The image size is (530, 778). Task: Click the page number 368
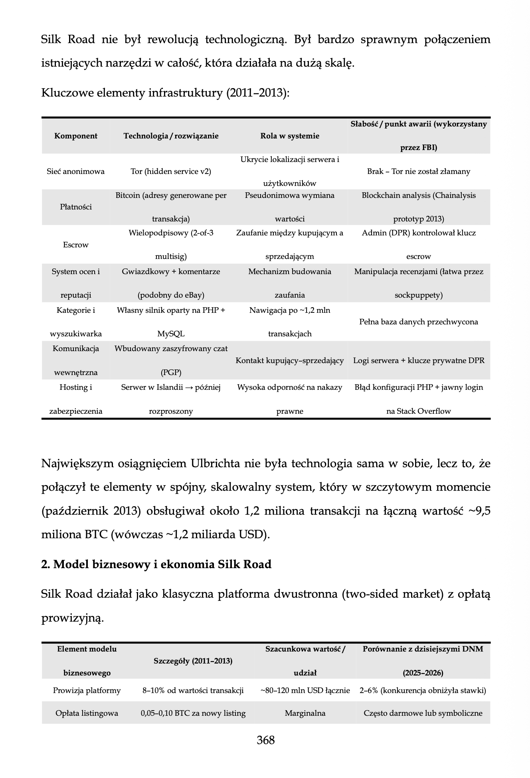[x=265, y=740]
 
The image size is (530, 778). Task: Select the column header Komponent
[x=76, y=136]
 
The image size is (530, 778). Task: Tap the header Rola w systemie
[x=290, y=136]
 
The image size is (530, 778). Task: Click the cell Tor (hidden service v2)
[x=171, y=172]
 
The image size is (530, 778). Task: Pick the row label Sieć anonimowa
[x=76, y=172]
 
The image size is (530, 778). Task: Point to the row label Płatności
[x=76, y=207]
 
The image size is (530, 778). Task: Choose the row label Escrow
[x=76, y=245]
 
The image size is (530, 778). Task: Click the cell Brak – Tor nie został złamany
[x=419, y=172]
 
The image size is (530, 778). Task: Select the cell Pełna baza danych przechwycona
[x=419, y=322]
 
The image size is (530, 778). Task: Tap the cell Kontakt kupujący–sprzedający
[x=290, y=361]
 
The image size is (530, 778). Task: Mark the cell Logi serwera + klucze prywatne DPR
[x=419, y=361]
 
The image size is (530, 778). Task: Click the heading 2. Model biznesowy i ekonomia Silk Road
[x=156, y=564]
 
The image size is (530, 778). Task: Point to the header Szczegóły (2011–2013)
[x=193, y=661]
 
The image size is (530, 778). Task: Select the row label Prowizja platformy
[x=87, y=691]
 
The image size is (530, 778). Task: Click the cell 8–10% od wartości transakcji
[x=193, y=691]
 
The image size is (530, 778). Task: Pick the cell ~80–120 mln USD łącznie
[x=305, y=691]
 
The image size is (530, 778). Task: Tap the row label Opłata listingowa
[x=87, y=713]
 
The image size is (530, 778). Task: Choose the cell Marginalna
[x=305, y=713]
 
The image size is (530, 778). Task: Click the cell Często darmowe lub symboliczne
[x=423, y=713]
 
